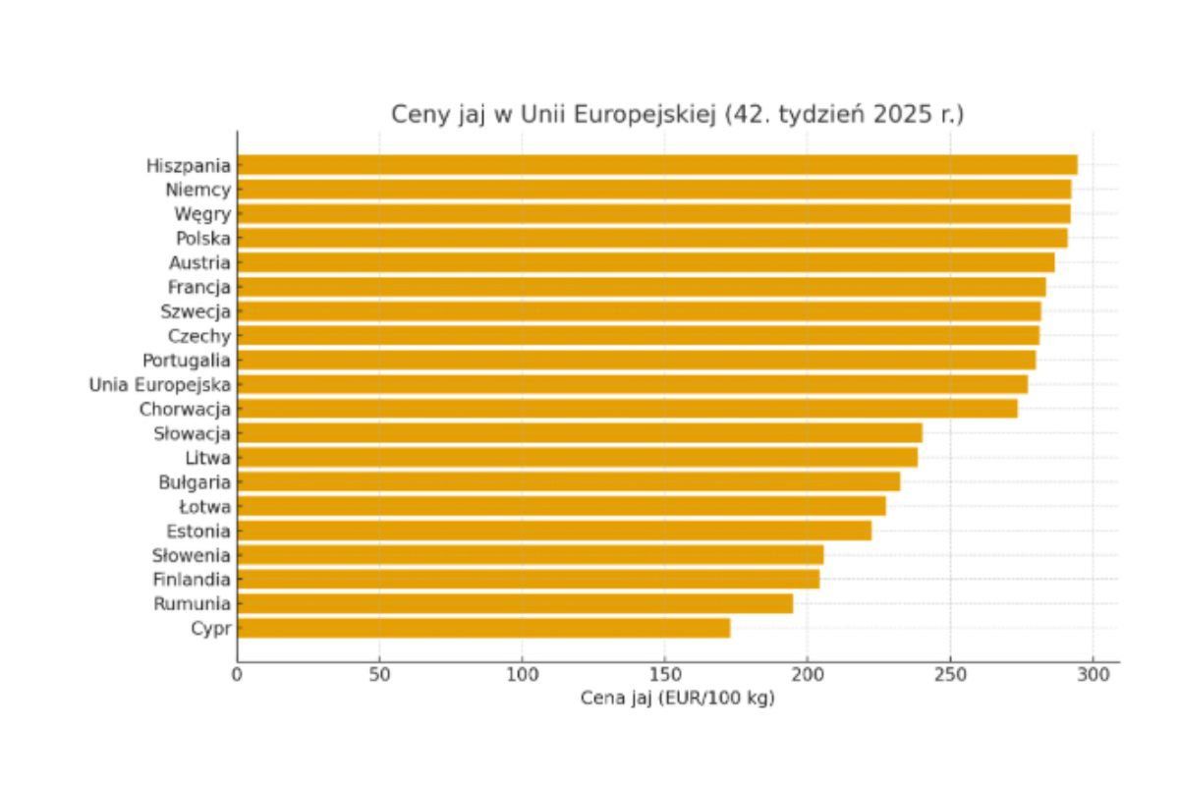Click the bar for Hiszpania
(x=656, y=165)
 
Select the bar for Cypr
(x=483, y=628)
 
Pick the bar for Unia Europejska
(x=632, y=384)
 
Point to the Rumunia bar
(x=515, y=603)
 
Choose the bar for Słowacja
(x=580, y=433)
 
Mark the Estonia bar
(x=554, y=531)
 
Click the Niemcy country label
(x=198, y=190)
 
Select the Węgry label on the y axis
(x=203, y=214)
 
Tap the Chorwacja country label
(x=185, y=409)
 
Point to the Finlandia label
(x=192, y=580)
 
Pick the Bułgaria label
(x=195, y=482)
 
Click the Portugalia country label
(x=187, y=360)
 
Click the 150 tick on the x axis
(x=664, y=674)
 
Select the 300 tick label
(x=1092, y=674)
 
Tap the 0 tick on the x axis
(x=237, y=674)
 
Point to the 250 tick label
(x=949, y=674)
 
